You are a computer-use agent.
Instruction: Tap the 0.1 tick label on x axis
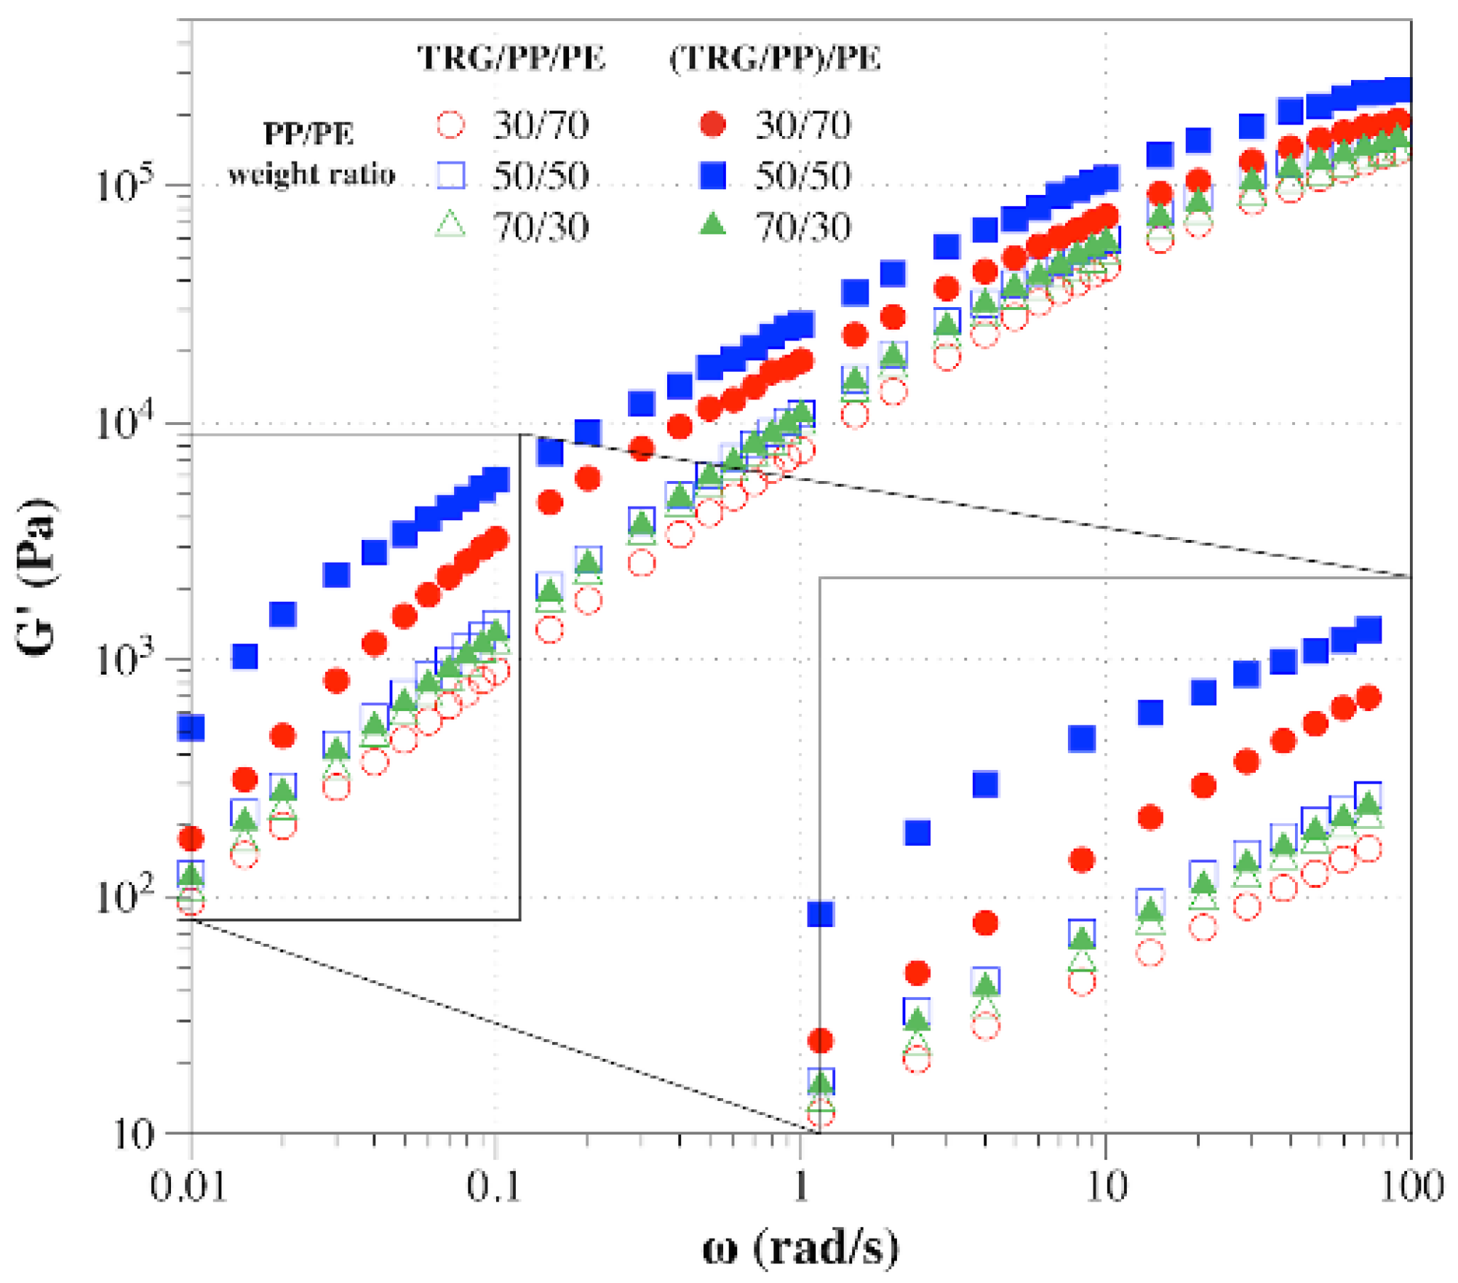click(494, 1186)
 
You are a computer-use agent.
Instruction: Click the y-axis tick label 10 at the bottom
click(135, 1133)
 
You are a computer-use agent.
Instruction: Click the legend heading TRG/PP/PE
click(511, 58)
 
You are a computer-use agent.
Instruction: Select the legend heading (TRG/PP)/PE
click(775, 58)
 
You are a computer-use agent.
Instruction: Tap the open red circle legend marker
click(450, 124)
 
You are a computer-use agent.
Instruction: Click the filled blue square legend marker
click(713, 175)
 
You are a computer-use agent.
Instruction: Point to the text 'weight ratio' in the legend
click(311, 175)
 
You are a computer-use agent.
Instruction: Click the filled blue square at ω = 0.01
click(191, 727)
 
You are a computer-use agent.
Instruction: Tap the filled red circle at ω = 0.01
click(191, 839)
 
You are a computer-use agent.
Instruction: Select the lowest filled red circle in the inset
click(820, 1041)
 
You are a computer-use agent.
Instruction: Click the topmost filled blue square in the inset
click(1369, 629)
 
